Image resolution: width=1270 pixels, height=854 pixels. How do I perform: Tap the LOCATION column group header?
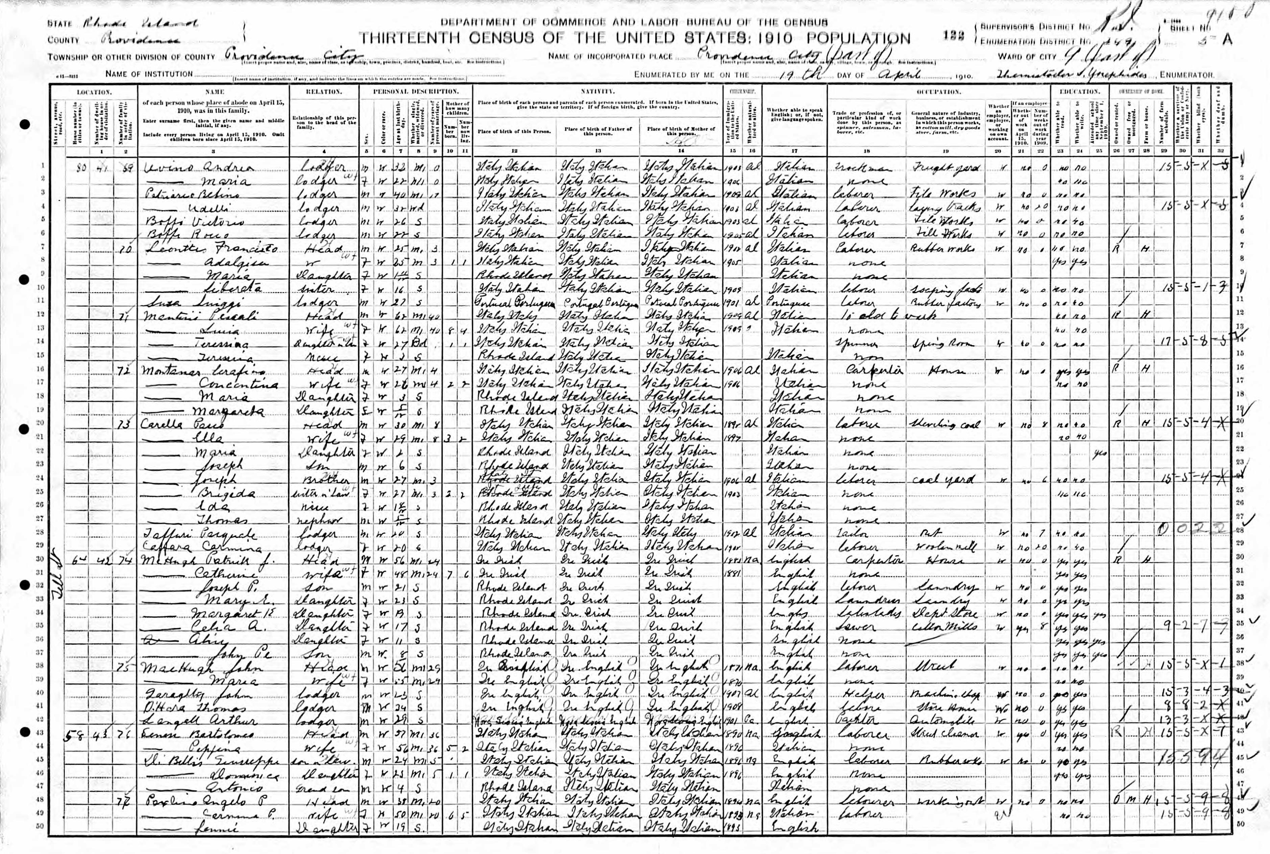pyautogui.click(x=94, y=92)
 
